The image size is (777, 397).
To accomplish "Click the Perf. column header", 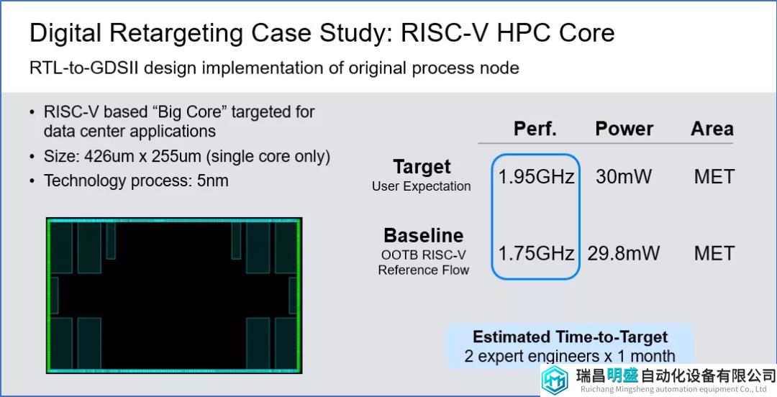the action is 535,129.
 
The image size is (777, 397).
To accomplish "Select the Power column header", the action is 624,129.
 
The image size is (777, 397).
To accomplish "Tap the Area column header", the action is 712,129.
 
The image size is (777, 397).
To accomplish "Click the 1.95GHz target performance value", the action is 536,177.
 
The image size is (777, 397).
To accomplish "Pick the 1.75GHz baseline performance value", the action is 536,253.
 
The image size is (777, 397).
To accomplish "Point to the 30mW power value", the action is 623,177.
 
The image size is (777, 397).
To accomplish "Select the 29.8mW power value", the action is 623,253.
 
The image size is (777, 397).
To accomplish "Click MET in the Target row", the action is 714,177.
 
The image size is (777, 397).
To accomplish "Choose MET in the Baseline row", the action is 714,253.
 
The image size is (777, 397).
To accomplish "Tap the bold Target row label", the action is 422,167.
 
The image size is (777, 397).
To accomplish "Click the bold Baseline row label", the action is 424,235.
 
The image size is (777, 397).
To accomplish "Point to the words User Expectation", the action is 422,186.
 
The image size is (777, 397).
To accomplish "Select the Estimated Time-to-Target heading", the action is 571,337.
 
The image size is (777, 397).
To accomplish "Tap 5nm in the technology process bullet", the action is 212,181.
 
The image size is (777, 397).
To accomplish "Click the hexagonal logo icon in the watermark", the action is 555,380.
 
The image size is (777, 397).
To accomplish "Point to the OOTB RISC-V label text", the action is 424,255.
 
